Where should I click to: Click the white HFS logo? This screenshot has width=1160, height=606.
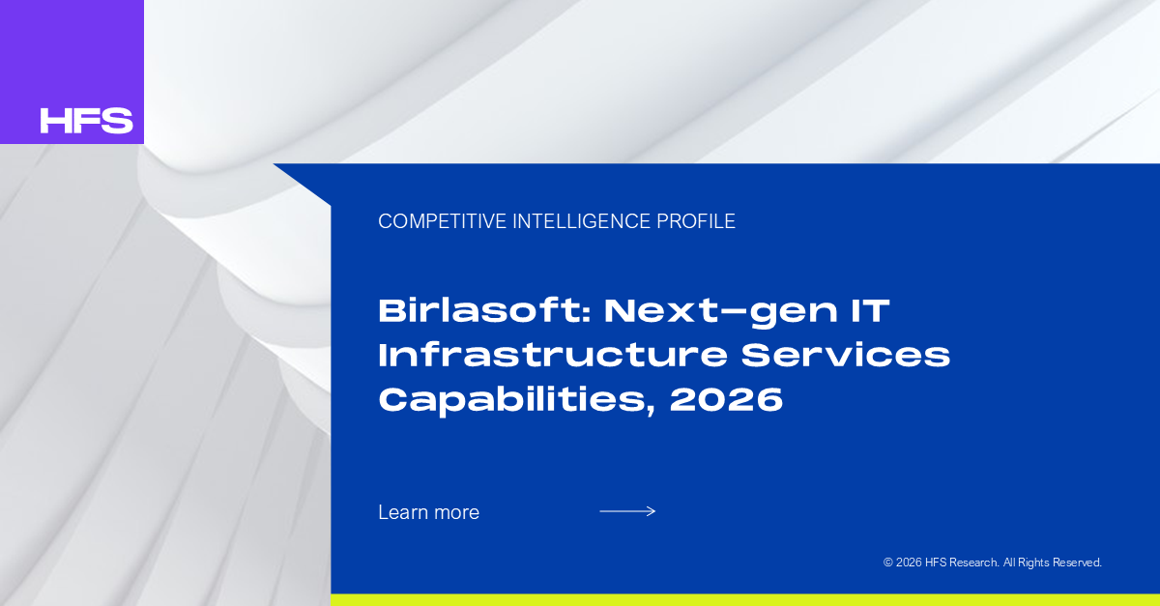click(86, 121)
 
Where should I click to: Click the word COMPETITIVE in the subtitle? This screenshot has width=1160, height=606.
click(443, 221)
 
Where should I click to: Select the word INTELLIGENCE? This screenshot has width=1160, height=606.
click(582, 221)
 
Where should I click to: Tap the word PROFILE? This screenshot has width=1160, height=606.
click(696, 221)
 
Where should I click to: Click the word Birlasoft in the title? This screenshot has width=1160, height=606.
click(481, 311)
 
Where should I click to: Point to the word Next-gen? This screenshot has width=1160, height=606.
click(721, 313)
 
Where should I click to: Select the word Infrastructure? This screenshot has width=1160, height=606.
click(553, 356)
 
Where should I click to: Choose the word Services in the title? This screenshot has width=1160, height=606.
click(846, 356)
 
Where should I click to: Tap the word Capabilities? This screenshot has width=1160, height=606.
click(516, 400)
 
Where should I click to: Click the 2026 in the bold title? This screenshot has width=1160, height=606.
click(726, 399)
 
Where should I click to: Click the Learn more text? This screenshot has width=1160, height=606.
click(429, 512)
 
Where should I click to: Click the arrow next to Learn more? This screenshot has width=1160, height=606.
click(627, 511)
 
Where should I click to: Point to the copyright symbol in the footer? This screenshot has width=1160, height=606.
click(888, 563)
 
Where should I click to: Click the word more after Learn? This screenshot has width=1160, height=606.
click(456, 513)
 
